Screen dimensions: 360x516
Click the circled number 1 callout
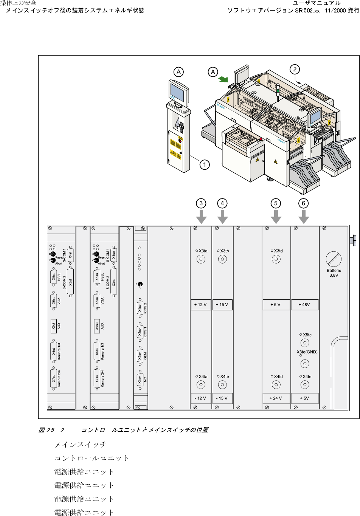(205, 165)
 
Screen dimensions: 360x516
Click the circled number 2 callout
(295, 69)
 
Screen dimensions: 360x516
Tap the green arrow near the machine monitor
(223, 79)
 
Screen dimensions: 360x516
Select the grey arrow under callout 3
(202, 217)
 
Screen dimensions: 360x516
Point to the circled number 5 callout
(276, 203)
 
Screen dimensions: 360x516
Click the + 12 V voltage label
(200, 305)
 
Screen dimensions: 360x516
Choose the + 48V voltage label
(304, 305)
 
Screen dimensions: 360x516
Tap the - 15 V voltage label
(222, 398)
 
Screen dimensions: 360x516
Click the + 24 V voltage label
(276, 398)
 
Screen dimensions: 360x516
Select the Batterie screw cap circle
(334, 259)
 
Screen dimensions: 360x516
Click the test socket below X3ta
(201, 259)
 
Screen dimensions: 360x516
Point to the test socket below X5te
(304, 343)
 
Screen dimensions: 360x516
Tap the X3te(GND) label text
(307, 352)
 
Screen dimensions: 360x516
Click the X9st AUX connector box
(54, 326)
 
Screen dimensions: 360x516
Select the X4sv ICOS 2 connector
(140, 308)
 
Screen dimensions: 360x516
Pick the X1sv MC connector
(140, 380)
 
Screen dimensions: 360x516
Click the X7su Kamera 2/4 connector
(97, 378)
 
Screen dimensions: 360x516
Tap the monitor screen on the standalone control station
(179, 92)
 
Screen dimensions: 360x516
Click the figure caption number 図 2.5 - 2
(51, 430)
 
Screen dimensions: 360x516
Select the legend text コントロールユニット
(92, 458)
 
